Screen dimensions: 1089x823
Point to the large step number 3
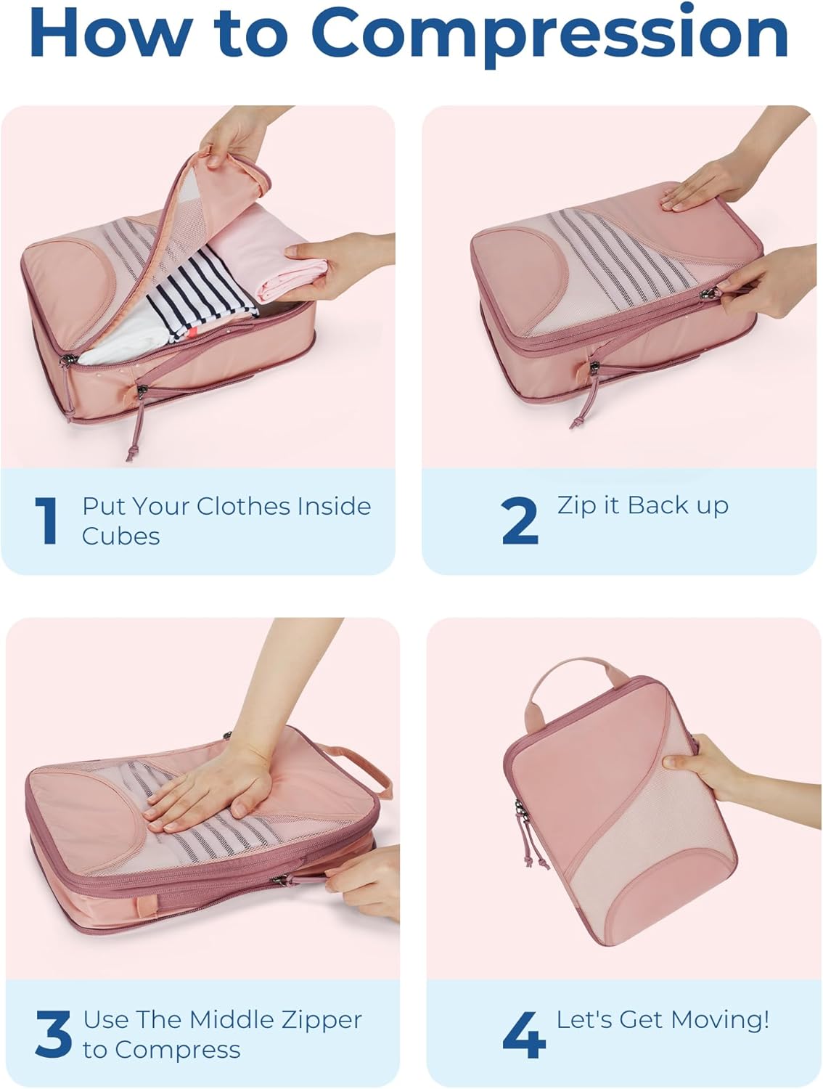53,1034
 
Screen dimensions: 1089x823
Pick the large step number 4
523,1035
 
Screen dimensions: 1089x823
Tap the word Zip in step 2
576,506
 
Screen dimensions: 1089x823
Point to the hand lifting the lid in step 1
232,138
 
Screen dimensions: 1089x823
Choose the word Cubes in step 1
120,536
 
